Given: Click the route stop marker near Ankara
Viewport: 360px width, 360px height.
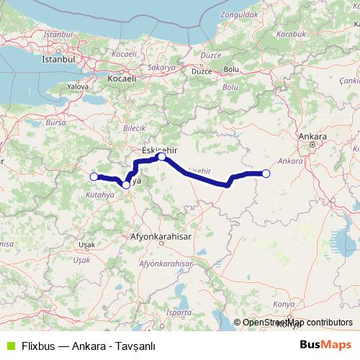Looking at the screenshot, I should (x=266, y=173).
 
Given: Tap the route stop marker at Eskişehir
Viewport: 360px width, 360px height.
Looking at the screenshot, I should (x=162, y=156).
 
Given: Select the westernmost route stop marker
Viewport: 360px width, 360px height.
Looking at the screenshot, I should (x=93, y=176).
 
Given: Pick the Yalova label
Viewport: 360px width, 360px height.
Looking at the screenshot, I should (x=77, y=86).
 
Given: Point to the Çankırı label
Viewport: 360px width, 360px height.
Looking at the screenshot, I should (x=349, y=81).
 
